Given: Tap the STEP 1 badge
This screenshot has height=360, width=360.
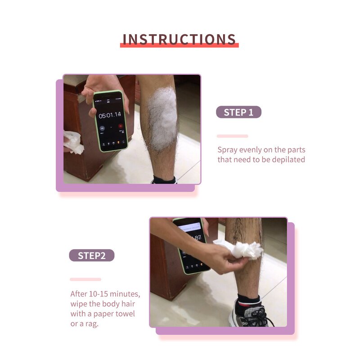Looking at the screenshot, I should click(x=238, y=112).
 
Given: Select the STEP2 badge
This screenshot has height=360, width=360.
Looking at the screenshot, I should click(x=91, y=256).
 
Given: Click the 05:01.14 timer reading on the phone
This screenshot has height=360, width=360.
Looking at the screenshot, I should click(x=110, y=115).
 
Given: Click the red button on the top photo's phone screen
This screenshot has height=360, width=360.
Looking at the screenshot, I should click(x=120, y=126).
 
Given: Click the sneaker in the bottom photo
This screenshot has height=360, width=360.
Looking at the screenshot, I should click(x=250, y=315).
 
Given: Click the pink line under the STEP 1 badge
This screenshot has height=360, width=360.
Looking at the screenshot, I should click(x=232, y=136).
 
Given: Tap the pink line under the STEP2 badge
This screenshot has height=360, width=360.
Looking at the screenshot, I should click(x=85, y=279).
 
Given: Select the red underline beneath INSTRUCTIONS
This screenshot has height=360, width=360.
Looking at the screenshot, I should click(x=179, y=45).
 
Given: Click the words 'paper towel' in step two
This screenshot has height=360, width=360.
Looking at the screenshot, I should click(x=112, y=314).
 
